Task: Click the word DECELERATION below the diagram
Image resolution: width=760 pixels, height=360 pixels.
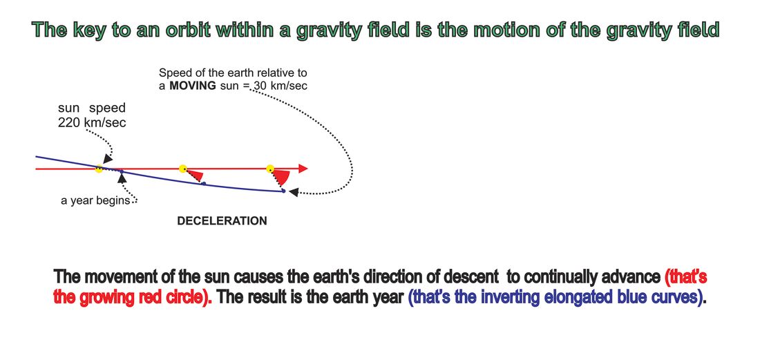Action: pyautogui.click(x=222, y=221)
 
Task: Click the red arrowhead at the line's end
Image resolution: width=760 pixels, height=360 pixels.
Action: pyautogui.click(x=303, y=169)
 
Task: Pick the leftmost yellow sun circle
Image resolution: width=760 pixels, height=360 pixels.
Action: pyautogui.click(x=99, y=169)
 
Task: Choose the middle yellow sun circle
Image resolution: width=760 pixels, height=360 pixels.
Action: pyautogui.click(x=182, y=169)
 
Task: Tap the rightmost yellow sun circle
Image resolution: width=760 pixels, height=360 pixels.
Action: pyautogui.click(x=270, y=169)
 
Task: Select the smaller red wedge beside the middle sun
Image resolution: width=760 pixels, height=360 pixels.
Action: pyautogui.click(x=196, y=176)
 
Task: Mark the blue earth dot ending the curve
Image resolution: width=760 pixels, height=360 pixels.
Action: pyautogui.click(x=283, y=191)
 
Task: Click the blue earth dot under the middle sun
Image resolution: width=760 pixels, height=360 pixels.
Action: pyautogui.click(x=204, y=183)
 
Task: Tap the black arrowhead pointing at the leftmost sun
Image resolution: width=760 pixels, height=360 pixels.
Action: pyautogui.click(x=108, y=159)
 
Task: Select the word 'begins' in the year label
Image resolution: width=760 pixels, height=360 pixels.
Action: pyautogui.click(x=115, y=200)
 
